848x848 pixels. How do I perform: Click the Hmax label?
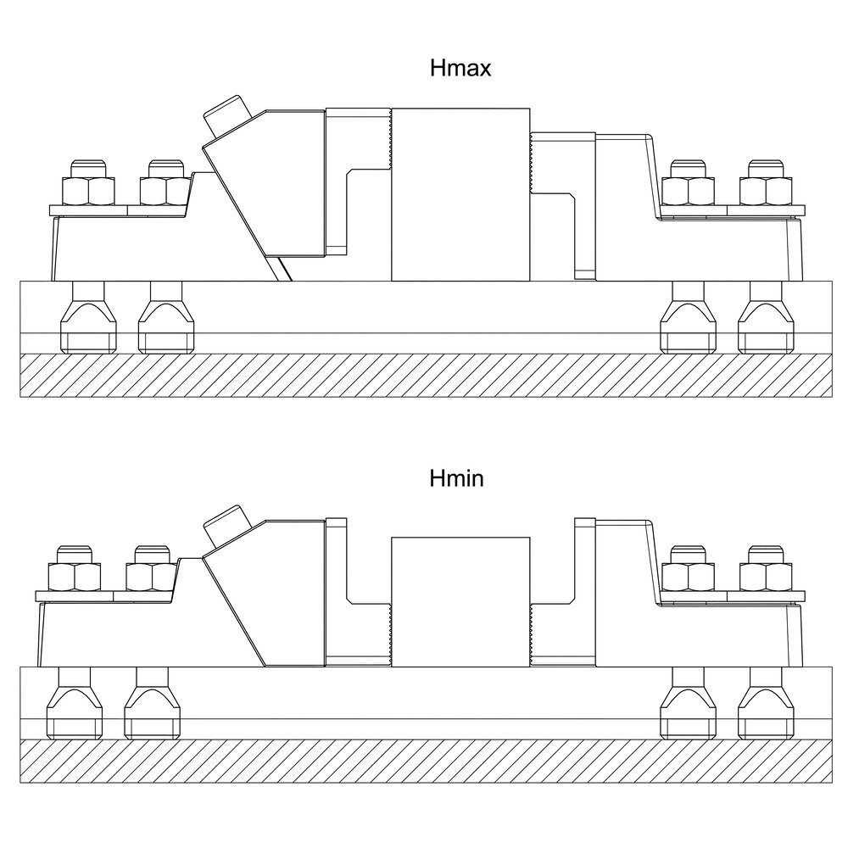[x=460, y=68]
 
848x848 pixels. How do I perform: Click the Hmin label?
[x=456, y=478]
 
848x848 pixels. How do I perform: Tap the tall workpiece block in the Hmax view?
[x=460, y=195]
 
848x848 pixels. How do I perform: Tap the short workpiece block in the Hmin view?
[x=460, y=602]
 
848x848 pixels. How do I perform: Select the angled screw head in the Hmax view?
[x=227, y=115]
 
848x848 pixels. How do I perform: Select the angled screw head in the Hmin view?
[x=227, y=526]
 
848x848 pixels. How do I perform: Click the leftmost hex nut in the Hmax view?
[x=89, y=191]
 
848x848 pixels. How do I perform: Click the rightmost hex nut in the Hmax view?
[x=766, y=191]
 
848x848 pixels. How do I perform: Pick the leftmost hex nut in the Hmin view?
[x=75, y=577]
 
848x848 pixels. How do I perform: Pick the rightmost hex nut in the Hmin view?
[x=766, y=577]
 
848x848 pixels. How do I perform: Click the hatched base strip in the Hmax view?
[x=427, y=376]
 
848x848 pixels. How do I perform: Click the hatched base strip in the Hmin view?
[x=427, y=761]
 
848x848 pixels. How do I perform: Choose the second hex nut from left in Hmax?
[x=166, y=191]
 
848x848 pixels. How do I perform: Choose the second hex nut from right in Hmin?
[x=689, y=577]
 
